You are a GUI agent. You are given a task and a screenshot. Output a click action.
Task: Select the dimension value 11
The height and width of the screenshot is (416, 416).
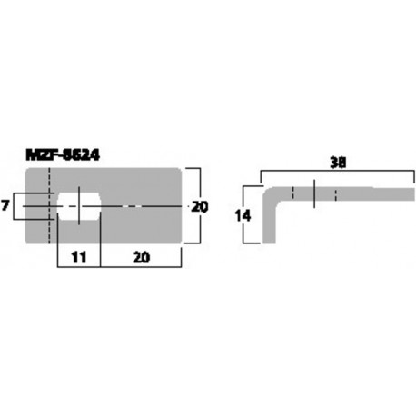[x=78, y=257]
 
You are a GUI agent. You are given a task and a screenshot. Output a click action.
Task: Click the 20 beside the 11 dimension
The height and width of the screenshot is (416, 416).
[x=141, y=257]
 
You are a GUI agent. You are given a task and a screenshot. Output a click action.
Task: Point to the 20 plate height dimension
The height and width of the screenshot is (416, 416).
[x=200, y=207]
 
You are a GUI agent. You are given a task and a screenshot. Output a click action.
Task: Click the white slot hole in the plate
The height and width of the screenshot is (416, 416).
[x=80, y=206]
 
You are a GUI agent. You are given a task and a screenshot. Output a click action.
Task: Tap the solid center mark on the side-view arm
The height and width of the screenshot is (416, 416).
[x=314, y=193]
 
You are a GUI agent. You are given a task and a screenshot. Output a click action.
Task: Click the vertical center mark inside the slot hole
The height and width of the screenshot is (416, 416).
[x=80, y=206]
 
